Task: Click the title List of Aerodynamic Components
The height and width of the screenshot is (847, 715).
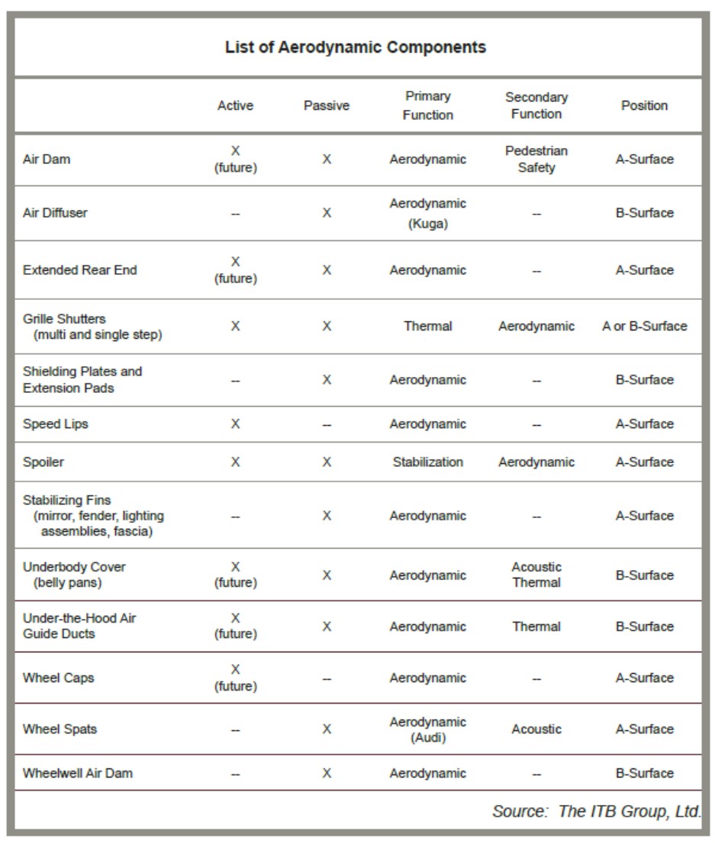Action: [x=355, y=47]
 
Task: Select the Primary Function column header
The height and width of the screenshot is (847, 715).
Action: [x=427, y=105]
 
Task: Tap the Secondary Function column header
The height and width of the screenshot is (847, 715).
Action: [x=536, y=105]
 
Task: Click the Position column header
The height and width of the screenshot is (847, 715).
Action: [x=644, y=105]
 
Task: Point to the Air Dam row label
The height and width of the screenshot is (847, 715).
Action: [x=47, y=159]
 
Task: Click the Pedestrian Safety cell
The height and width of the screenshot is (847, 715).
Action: [x=536, y=159]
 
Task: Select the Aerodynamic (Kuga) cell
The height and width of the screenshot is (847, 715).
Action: [x=427, y=213]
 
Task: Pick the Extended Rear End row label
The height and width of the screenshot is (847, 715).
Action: [x=80, y=270]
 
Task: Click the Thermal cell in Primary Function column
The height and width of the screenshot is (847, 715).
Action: [x=427, y=326]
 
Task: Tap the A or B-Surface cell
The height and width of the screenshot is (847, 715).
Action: [x=644, y=326]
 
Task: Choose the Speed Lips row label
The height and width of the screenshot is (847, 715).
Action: [x=55, y=423]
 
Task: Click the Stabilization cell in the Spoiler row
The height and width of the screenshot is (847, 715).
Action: [x=427, y=462]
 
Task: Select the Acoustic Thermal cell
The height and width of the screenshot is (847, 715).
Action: [x=536, y=575]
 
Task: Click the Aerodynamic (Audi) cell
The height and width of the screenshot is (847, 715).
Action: [x=427, y=729]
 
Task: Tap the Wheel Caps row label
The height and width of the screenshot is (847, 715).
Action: [x=59, y=678]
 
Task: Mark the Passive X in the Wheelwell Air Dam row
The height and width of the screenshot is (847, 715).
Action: [x=327, y=773]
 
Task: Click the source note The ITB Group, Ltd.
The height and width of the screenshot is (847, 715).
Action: [x=596, y=811]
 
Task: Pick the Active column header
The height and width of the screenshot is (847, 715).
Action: [x=235, y=105]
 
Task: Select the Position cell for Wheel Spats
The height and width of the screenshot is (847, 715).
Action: [x=644, y=729]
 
